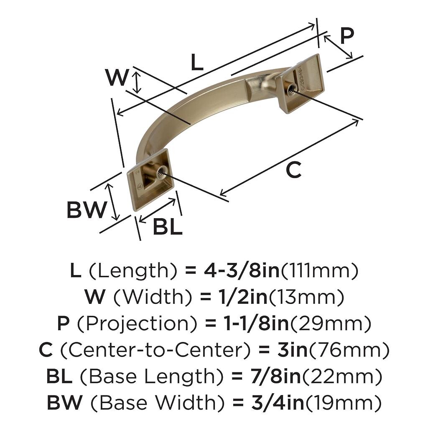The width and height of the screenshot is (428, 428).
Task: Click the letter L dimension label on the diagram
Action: pos(197,62)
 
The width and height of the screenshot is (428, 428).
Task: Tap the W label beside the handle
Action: pos(117,77)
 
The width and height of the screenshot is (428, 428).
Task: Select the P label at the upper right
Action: pos(347,36)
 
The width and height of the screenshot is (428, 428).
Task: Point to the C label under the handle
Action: pos(294,170)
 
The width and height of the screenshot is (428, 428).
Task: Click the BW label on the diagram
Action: pos(87,209)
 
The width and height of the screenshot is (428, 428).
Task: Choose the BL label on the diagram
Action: pos(168,226)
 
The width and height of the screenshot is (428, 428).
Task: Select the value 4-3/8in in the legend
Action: pos(242,270)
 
